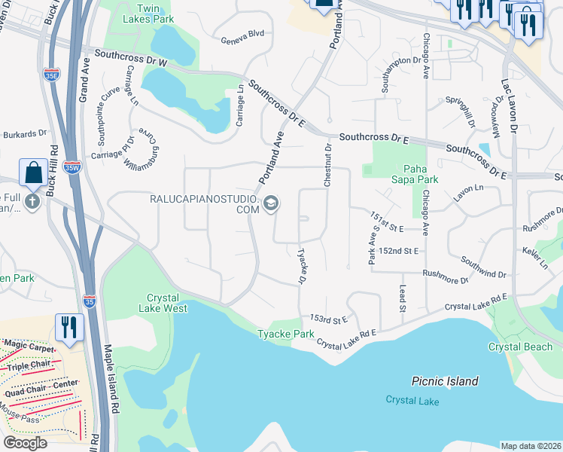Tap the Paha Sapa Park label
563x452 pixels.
click(420, 174)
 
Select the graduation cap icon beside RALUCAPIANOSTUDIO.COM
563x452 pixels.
click(271, 203)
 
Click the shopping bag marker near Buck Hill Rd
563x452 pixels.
click(34, 173)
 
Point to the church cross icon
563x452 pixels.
click(32, 201)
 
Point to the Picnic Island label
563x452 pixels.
click(445, 381)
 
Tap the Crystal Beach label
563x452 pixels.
click(520, 347)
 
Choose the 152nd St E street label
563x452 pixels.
click(398, 250)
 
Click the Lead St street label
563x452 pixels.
click(402, 298)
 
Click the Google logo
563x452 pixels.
click(25, 442)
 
